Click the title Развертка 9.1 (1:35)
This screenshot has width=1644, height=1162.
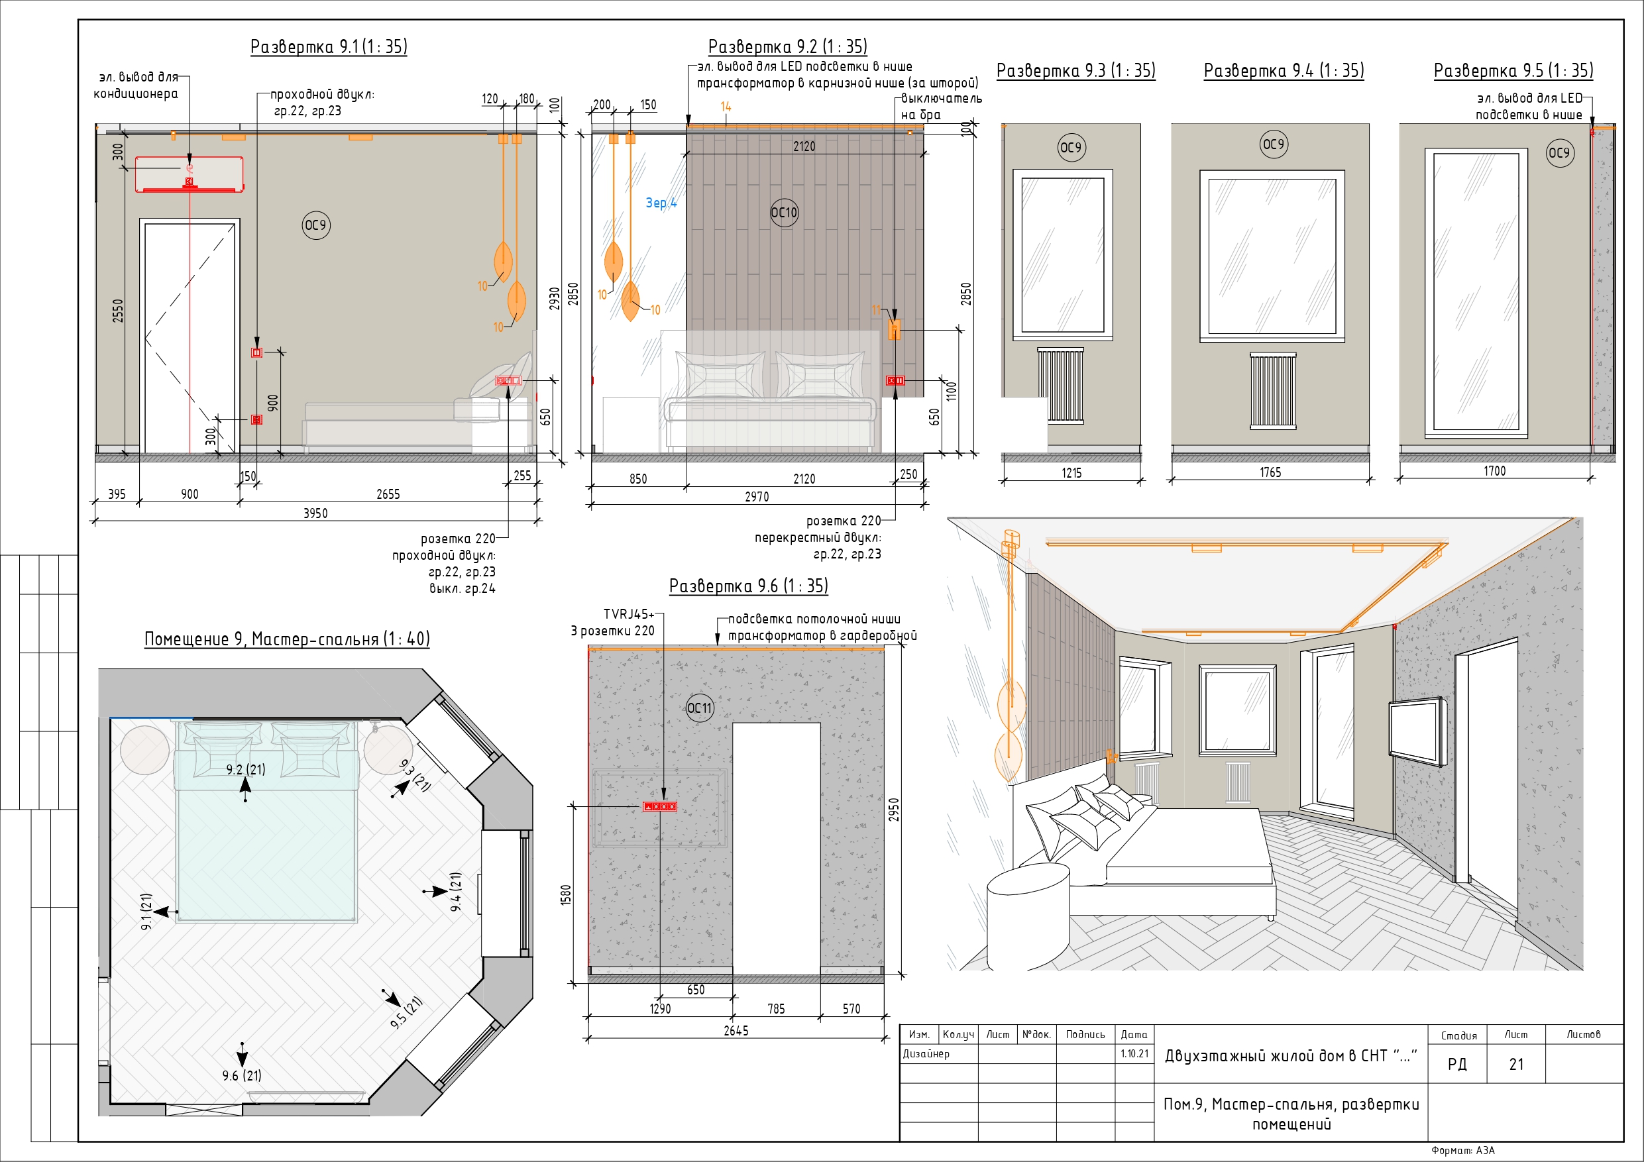[x=329, y=46]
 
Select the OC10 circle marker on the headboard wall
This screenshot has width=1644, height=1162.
[x=784, y=213]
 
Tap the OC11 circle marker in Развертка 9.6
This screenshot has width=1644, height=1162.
[x=700, y=708]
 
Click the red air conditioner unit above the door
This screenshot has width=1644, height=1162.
[x=189, y=174]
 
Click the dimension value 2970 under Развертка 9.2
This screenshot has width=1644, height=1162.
[x=757, y=497]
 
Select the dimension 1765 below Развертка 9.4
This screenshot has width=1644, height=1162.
[x=1270, y=472]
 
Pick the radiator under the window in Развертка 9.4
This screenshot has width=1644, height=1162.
[x=1273, y=390]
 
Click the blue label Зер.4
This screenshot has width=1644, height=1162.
[x=661, y=203]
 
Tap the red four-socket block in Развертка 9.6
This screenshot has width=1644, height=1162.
[x=659, y=807]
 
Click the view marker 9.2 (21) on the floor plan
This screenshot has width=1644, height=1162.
[x=246, y=770]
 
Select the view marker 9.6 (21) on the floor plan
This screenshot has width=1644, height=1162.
[x=241, y=1075]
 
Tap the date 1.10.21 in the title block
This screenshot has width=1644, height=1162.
[x=1134, y=1054]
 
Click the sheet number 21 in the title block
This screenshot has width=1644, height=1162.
[x=1516, y=1065]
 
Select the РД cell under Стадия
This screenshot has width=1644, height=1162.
[x=1457, y=1065]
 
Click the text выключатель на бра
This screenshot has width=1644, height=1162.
[x=941, y=107]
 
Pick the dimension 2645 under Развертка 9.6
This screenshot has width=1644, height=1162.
[x=736, y=1031]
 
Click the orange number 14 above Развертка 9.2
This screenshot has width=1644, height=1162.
[x=726, y=107]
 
